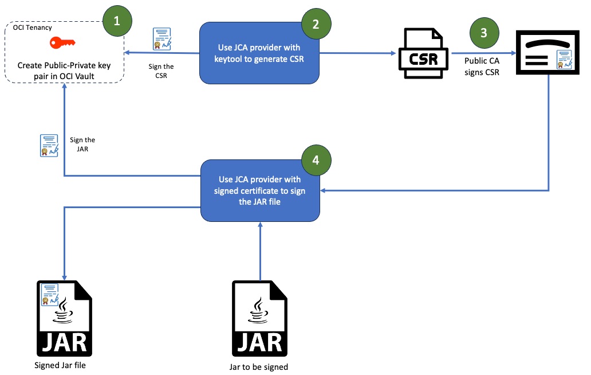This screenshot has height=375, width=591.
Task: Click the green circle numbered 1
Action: click(117, 21)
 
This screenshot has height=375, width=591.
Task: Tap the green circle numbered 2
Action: click(316, 24)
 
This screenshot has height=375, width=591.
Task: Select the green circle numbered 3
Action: click(484, 33)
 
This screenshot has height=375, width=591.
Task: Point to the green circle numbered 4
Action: click(316, 160)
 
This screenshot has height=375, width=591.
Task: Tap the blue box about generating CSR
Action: click(259, 53)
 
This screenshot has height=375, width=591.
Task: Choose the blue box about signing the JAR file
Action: click(259, 190)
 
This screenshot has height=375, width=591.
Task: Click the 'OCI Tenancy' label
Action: click(33, 28)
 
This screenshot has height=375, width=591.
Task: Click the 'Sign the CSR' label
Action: click(161, 71)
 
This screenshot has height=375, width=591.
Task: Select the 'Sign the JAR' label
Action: click(82, 144)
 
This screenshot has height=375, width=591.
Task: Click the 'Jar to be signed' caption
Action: click(259, 366)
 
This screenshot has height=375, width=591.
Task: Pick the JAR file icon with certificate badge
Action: click(64, 318)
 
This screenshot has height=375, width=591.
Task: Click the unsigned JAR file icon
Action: click(259, 318)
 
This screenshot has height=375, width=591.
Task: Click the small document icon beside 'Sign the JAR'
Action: click(49, 145)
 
